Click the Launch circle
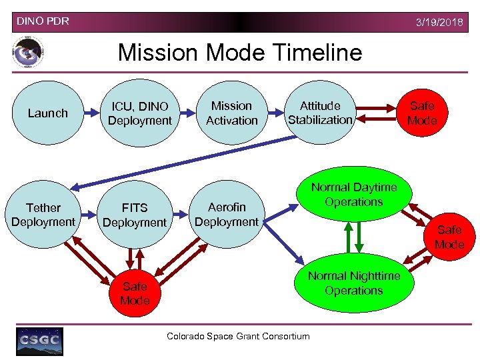[47, 113]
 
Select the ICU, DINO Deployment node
[139, 113]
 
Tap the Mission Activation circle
[231, 113]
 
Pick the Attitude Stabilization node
[320, 113]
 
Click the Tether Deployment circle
[43, 215]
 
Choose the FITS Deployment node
[134, 215]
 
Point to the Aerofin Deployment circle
[227, 215]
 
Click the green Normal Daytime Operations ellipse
[353, 195]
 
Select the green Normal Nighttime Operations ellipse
[353, 283]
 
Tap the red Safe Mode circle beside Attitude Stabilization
[421, 113]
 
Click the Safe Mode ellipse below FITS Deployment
[135, 293]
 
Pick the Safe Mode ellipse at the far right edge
[449, 237]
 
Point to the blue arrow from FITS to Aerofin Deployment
[178, 215]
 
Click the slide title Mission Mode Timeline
[240, 52]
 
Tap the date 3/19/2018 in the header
[439, 23]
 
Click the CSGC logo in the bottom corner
[40, 341]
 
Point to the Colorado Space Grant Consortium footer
[238, 336]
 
